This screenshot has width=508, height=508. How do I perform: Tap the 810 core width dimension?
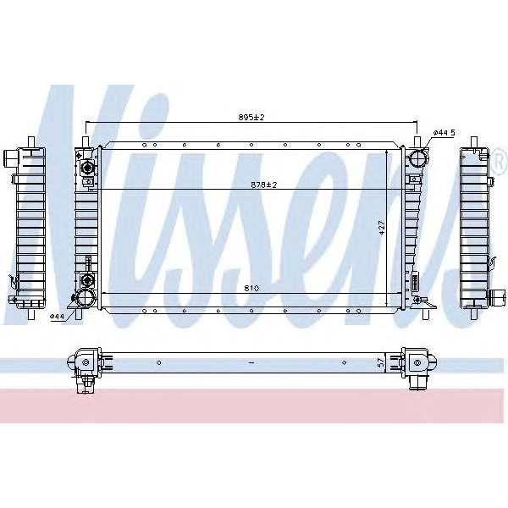[x=251, y=289]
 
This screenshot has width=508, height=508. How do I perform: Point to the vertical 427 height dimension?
[x=383, y=228]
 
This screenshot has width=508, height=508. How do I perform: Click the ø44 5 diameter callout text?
[x=444, y=133]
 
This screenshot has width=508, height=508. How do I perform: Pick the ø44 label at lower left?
[x=57, y=317]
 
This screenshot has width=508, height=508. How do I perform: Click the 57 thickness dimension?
[x=381, y=362]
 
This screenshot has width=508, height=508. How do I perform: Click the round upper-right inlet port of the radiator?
[x=416, y=158]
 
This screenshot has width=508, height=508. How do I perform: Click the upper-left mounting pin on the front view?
[x=85, y=137]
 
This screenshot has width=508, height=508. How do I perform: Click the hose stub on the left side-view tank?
[x=10, y=157]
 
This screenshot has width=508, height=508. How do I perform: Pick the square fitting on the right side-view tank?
[x=497, y=296]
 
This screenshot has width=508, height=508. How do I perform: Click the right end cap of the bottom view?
[x=416, y=364]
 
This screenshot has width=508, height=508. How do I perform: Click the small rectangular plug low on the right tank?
[x=415, y=280]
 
